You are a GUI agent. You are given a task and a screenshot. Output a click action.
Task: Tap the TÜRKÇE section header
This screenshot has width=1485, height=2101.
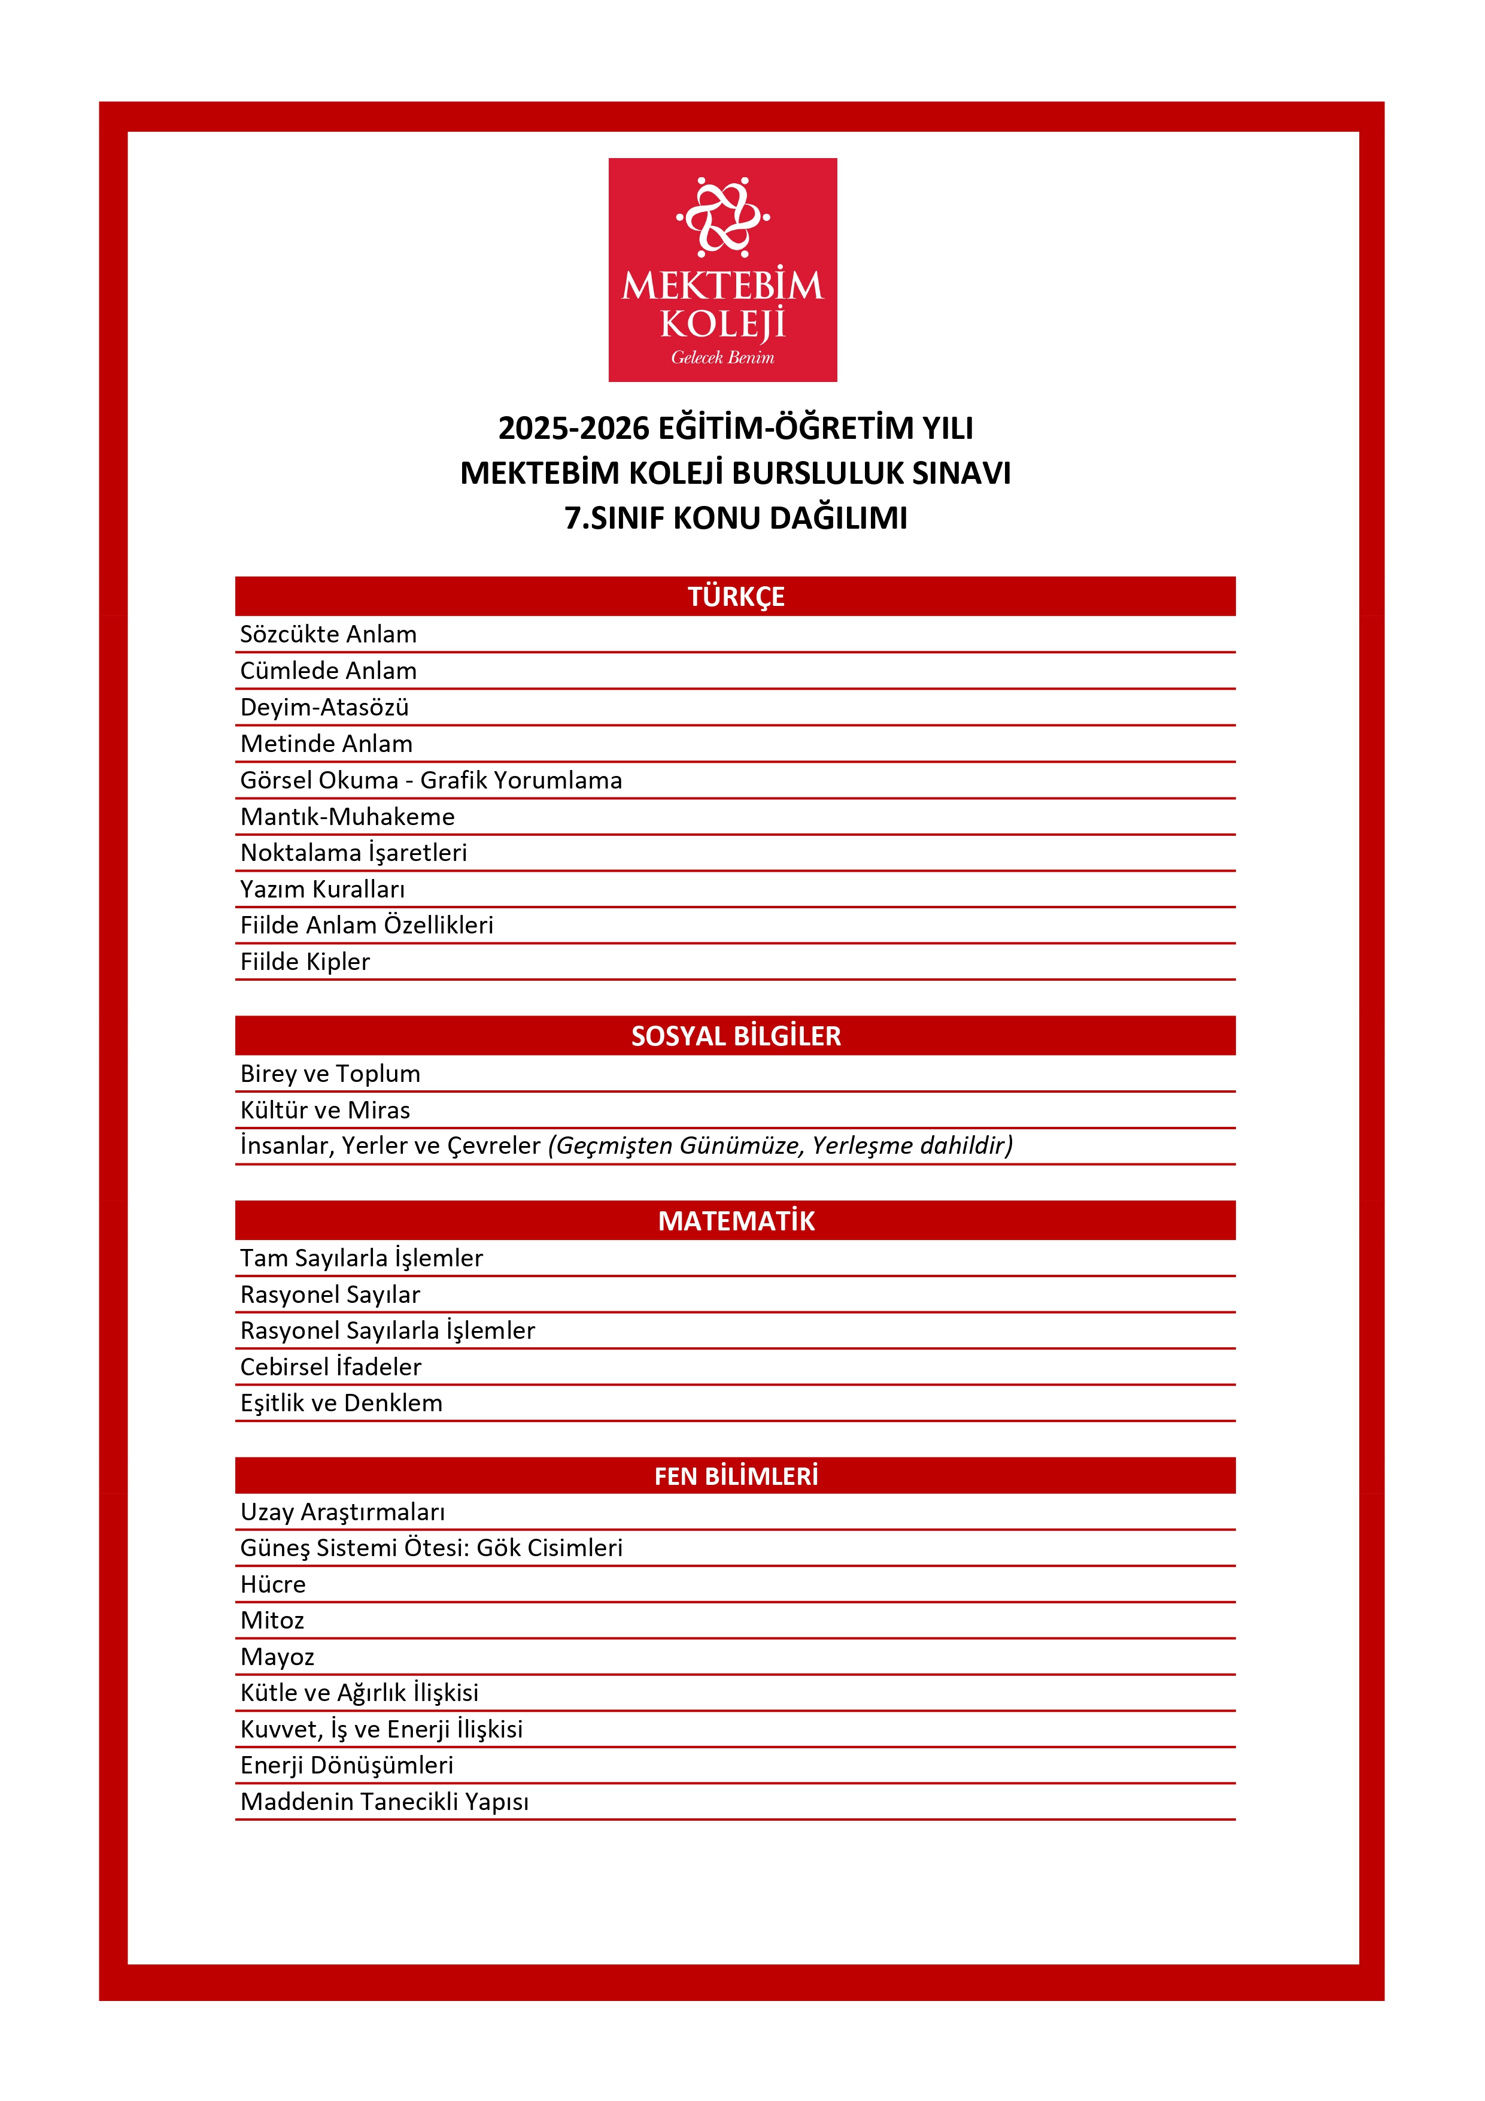[736, 596]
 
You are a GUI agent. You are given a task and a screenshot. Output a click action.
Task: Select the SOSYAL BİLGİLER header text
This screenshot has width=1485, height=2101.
[736, 1036]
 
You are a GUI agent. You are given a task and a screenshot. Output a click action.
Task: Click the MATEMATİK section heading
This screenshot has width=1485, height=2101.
[736, 1221]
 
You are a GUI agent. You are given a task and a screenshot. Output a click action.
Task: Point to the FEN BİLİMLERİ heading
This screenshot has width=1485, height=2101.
[736, 1476]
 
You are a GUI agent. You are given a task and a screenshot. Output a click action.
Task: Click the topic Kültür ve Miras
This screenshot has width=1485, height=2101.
[325, 1110]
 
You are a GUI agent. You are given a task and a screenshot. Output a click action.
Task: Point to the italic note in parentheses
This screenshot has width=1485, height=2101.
[779, 1145]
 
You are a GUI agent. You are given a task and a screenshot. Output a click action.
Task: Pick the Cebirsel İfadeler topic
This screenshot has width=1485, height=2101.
[330, 1367]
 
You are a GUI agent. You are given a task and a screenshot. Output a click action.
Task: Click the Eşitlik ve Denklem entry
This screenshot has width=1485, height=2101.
[341, 1403]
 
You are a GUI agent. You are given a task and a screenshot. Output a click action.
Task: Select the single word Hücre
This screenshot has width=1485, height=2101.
[273, 1584]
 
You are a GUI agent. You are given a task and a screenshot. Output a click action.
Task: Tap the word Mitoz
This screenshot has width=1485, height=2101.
[272, 1621]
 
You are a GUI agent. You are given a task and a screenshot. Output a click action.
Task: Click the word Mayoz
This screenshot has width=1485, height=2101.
[277, 1657]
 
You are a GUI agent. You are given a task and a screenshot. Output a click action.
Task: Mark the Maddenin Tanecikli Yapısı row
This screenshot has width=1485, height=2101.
[384, 1802]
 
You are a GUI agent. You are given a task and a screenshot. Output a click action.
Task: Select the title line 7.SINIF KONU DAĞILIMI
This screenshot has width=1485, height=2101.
[736, 518]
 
